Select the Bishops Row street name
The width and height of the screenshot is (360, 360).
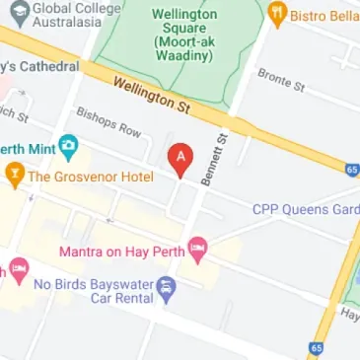coord(108,121)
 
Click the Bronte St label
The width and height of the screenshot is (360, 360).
coord(280,80)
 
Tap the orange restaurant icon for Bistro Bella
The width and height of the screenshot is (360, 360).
coord(278,16)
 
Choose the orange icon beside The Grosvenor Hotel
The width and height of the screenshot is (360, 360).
coord(15,177)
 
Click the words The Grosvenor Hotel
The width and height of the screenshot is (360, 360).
coord(91,177)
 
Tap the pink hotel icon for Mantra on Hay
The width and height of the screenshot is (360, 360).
coord(197,250)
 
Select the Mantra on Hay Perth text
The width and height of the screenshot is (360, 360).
coord(121,252)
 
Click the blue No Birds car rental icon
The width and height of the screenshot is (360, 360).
coord(166,289)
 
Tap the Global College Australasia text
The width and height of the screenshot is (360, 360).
coord(67,14)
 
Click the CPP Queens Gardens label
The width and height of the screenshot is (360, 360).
coord(305,209)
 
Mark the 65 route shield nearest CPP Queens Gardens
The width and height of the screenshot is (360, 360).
coord(352,170)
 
